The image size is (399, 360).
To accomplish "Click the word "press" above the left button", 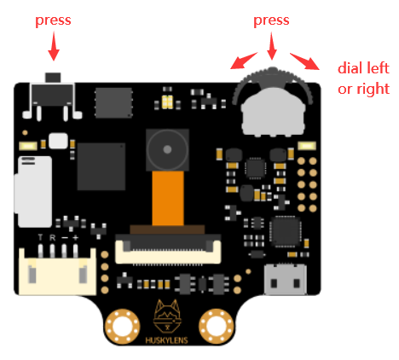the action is point(53,20).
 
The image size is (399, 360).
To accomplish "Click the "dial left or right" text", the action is point(363,78).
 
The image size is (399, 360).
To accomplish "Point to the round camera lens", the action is point(167,149).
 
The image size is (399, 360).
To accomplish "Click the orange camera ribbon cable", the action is point(168,199).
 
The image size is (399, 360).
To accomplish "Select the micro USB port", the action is point(286,280).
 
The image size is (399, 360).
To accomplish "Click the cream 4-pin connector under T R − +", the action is point(57,271).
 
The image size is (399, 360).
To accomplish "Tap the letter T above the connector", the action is point(40,237).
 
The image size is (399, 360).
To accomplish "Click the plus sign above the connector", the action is point(75,237).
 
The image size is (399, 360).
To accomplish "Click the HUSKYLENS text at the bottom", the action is point(166,340).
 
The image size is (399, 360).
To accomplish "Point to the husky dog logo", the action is point(167,316).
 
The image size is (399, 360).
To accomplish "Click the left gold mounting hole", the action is point(122,326).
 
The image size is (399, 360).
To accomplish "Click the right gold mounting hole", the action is point(217,326).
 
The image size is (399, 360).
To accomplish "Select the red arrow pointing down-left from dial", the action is point(244,61).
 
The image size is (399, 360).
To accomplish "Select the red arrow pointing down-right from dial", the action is point(304,61).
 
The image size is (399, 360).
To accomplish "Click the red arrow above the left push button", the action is point(54,46).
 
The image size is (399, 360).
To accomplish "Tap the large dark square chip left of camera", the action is point(101,166).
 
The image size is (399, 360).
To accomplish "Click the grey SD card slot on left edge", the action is point(33,192).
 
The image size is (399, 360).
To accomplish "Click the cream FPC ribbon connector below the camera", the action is point(168,249).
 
